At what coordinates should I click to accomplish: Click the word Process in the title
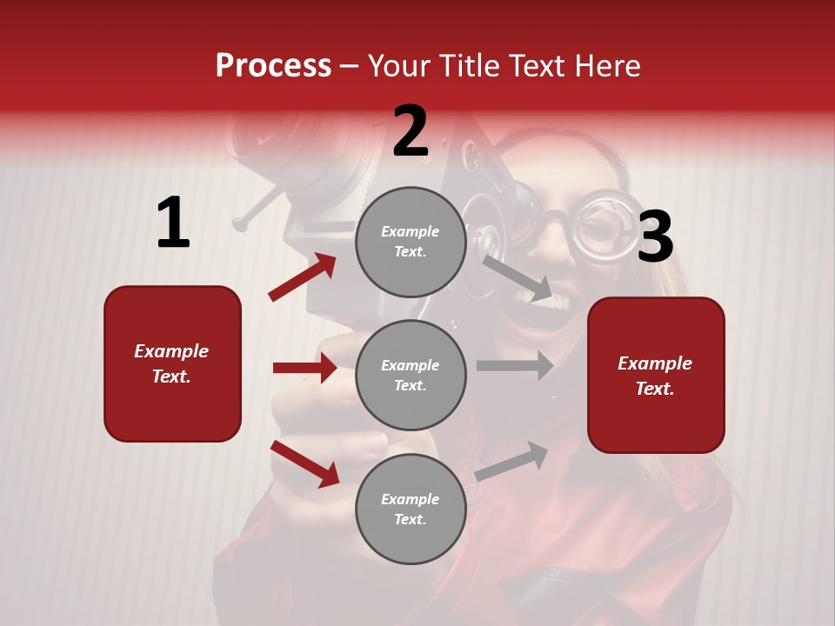click(273, 66)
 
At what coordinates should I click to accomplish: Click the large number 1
click(173, 223)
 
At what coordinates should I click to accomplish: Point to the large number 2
click(411, 132)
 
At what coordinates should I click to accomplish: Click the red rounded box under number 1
click(172, 363)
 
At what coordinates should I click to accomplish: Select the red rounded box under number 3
click(656, 376)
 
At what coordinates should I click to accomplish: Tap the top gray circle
click(411, 242)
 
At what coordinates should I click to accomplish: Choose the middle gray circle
click(411, 376)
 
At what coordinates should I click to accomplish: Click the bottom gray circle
click(411, 509)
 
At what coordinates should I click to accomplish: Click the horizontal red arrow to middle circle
click(304, 368)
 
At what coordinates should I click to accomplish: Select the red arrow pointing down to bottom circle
click(304, 463)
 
